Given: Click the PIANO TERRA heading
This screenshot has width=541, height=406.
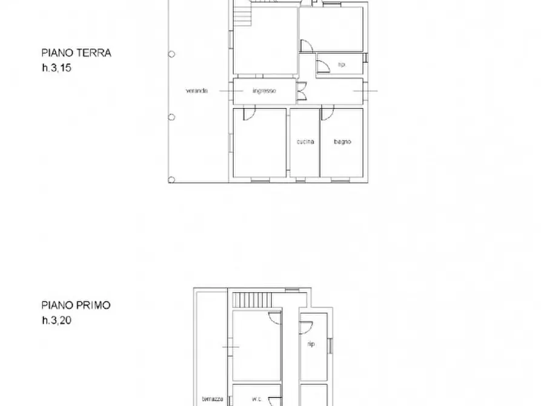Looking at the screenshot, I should (76, 53).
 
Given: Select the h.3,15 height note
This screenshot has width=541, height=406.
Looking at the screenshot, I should (56, 68).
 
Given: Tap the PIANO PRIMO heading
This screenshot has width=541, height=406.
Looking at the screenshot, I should (76, 305).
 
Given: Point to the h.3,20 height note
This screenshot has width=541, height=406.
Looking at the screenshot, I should (56, 321).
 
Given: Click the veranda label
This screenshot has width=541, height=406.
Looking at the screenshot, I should (197, 91).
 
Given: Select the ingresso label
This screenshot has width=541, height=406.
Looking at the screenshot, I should (264, 91).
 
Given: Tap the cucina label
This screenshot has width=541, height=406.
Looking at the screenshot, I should (305, 142).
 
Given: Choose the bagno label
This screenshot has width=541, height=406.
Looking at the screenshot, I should (342, 142).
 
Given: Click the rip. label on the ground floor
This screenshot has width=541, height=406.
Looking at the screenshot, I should (341, 64).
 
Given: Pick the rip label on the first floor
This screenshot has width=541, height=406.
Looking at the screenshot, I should (311, 344).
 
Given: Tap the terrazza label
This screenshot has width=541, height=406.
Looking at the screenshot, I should (213, 399).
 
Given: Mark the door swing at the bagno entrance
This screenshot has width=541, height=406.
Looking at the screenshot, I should (328, 113).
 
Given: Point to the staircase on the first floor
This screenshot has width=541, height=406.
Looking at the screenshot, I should (246, 299).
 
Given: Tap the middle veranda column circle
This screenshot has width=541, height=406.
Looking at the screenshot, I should (171, 116).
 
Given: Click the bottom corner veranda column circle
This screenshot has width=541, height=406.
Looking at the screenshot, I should (171, 179).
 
